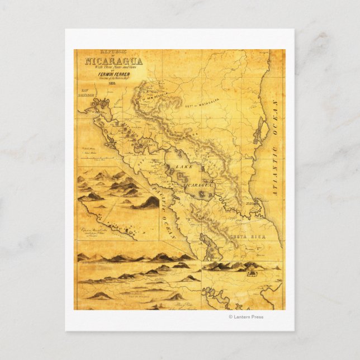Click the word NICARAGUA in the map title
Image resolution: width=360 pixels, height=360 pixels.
113,61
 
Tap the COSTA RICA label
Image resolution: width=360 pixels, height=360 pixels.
239,236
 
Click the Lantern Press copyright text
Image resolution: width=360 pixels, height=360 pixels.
246,317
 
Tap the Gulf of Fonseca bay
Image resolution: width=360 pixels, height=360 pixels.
103,105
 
